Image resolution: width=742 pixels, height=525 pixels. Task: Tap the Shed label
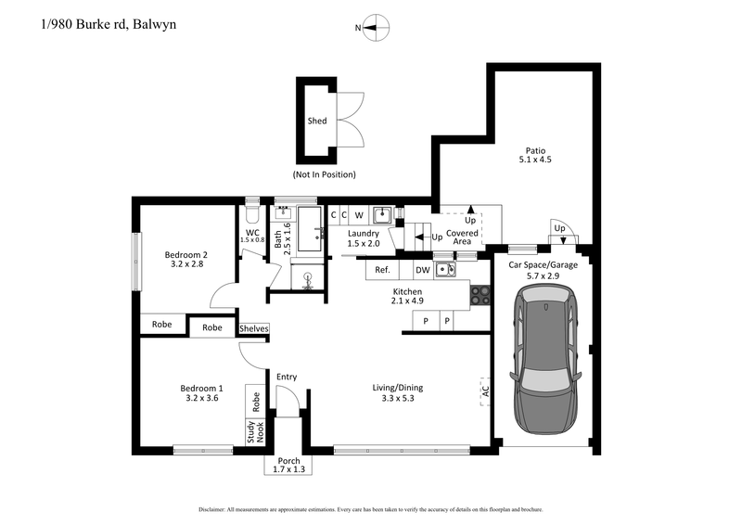coord(317,122)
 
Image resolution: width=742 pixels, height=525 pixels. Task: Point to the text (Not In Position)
coord(324,174)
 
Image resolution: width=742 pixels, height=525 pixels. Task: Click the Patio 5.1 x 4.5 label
coord(535,154)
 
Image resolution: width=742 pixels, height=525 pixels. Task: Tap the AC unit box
coord(484,390)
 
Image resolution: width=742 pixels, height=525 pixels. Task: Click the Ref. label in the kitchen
coord(381,270)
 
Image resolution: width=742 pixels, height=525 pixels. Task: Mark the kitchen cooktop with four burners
coord(480,296)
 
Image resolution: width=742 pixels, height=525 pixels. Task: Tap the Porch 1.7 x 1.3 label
coord(289,465)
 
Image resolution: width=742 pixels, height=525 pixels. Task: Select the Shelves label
coord(253,328)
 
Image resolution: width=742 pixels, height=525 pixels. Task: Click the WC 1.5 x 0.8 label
coord(252,236)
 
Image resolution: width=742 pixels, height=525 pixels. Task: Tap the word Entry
coord(287,376)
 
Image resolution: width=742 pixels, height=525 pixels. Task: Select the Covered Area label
coord(462,237)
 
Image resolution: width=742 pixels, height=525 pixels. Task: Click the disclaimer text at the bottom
coord(371,510)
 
